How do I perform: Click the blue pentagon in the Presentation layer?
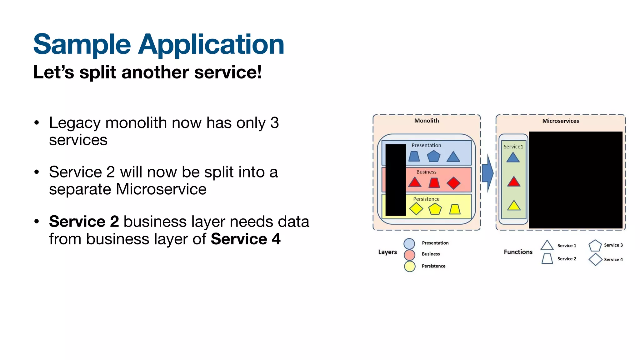click(433, 156)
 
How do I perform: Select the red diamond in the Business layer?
click(453, 183)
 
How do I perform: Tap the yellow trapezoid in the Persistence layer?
click(455, 209)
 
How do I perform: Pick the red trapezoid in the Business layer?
click(434, 183)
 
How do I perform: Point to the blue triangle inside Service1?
click(513, 158)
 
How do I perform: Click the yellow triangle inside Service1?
click(514, 206)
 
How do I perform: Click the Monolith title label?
click(426, 121)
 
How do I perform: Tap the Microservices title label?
click(560, 121)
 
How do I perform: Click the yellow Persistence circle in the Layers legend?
click(409, 266)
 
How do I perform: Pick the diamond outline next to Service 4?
click(595, 259)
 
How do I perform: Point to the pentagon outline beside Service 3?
click(595, 246)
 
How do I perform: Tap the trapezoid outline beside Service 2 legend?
click(547, 259)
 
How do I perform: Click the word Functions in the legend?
click(518, 252)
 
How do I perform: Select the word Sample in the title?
click(82, 44)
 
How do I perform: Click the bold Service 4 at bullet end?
click(246, 239)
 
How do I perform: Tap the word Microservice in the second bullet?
click(161, 189)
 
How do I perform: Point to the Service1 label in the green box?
click(513, 147)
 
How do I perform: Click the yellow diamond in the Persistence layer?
click(416, 209)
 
